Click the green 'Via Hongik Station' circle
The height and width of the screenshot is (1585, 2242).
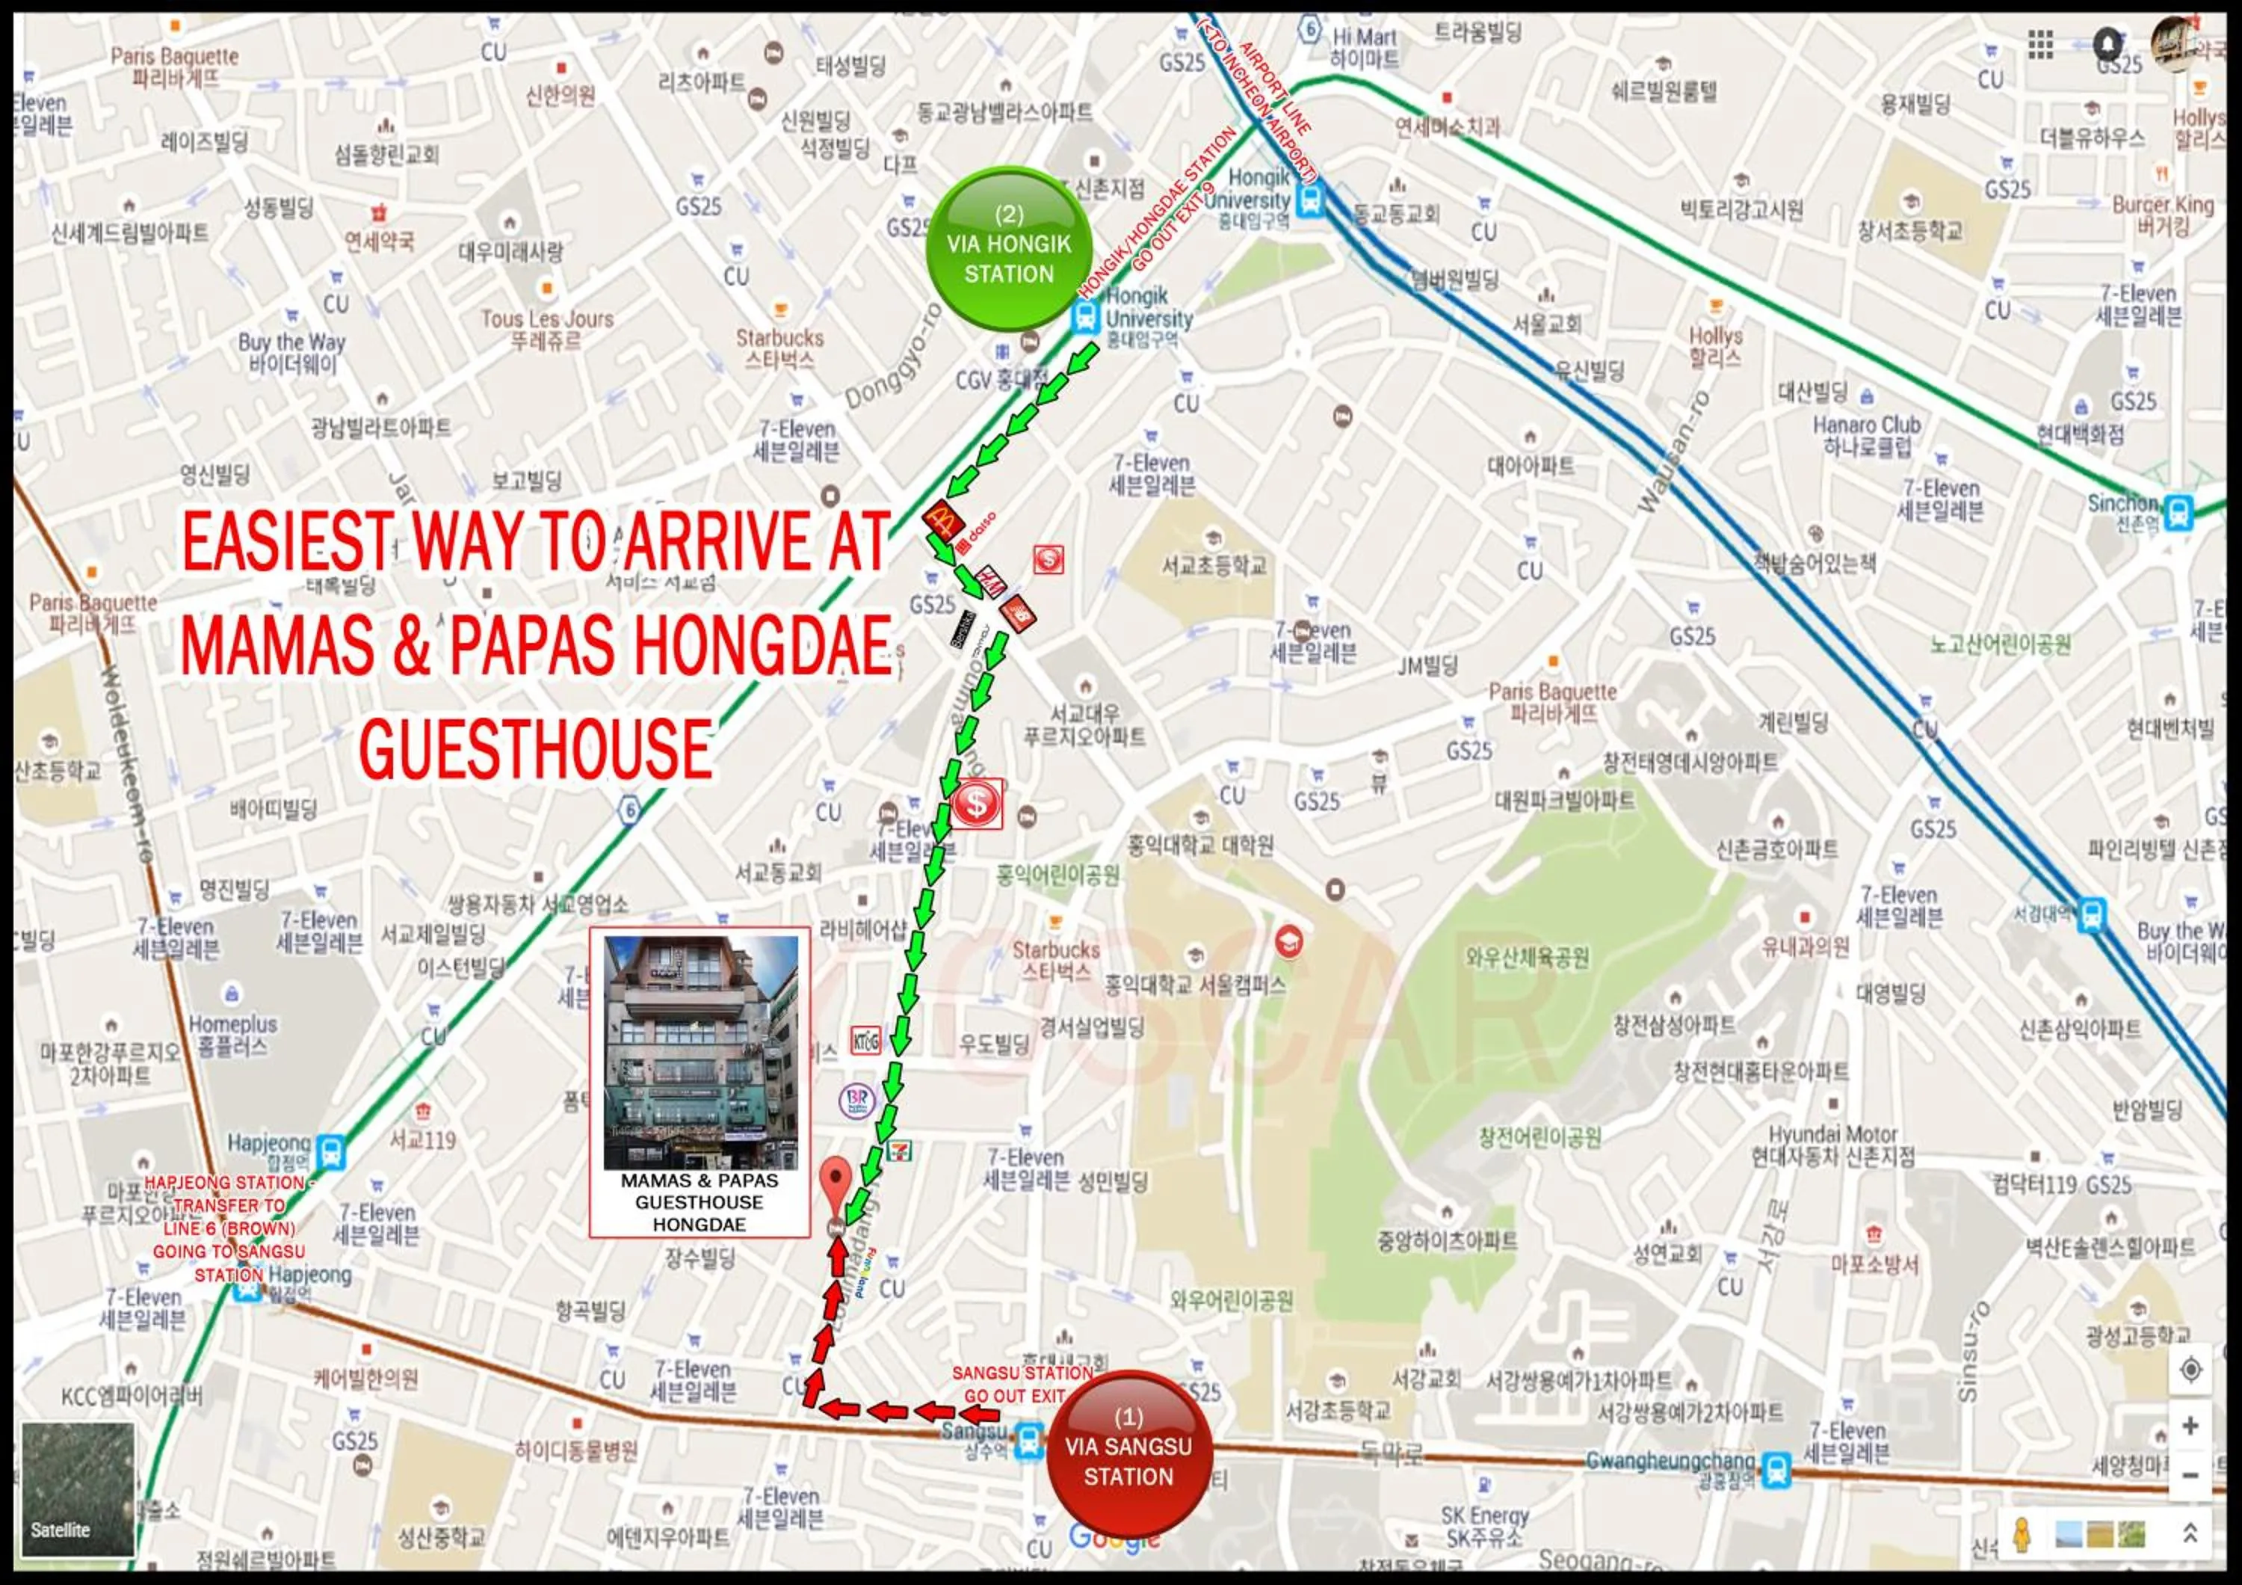coord(1009,247)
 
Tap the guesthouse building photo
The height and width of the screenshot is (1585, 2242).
coord(700,1052)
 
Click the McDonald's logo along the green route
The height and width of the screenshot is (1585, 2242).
coord(942,519)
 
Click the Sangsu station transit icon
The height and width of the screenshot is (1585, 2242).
coord(1028,1438)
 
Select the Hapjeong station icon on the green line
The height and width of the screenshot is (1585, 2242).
coord(331,1151)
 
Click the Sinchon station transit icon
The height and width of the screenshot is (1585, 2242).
coord(2178,511)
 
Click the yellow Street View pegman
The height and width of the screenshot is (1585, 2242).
coord(2022,1534)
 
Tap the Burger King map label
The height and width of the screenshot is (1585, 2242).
coord(2162,214)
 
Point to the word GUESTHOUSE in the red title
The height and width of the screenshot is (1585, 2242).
coord(535,750)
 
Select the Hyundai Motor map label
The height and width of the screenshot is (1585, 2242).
coord(1833,1145)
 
